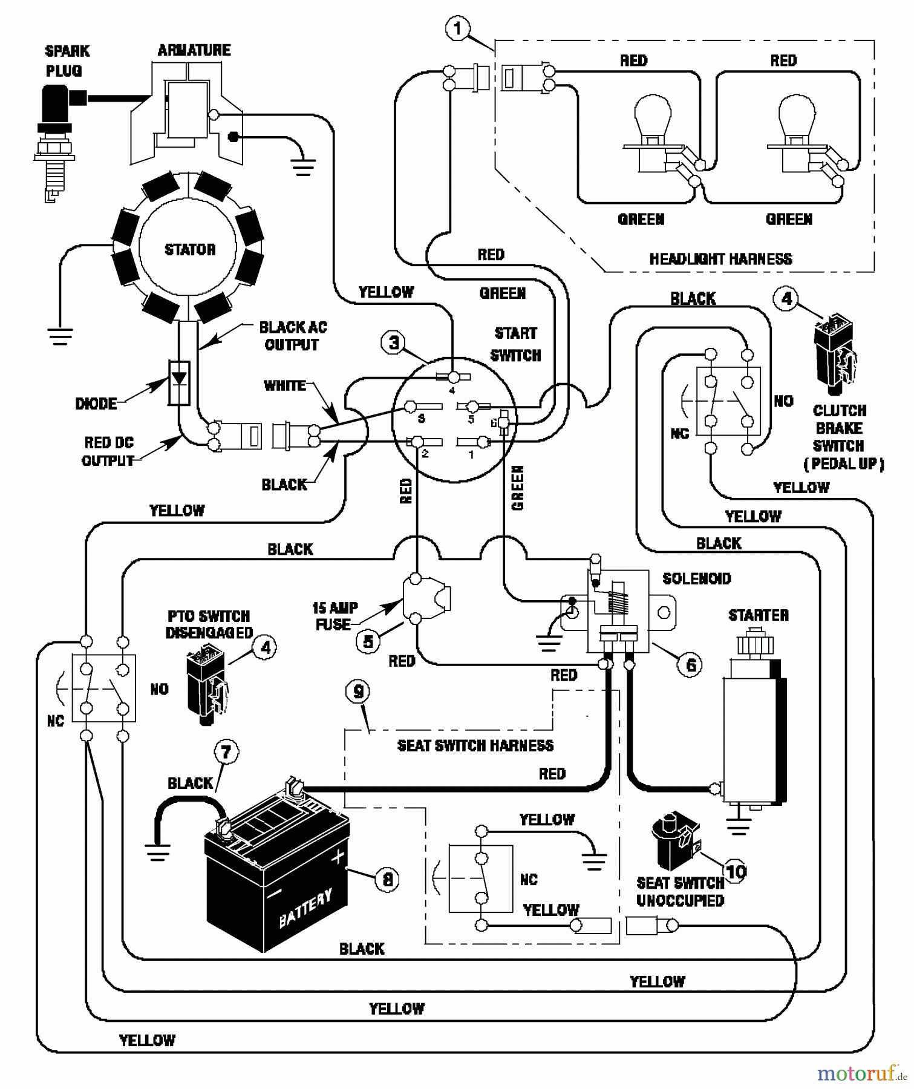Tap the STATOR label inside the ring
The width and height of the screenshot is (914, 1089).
(190, 249)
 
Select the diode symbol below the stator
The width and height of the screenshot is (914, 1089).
(180, 382)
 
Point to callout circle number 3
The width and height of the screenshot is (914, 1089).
(393, 343)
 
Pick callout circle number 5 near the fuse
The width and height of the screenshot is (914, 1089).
(368, 641)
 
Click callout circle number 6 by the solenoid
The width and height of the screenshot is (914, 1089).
(690, 665)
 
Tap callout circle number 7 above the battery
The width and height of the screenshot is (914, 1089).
(226, 752)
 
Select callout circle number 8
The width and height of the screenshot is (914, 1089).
(388, 878)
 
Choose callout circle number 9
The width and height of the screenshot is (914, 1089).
(359, 692)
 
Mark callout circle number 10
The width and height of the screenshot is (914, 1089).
(736, 872)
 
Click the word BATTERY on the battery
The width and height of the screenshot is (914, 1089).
(305, 908)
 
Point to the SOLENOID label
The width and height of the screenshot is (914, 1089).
(696, 579)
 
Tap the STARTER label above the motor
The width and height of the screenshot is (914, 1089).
(758, 615)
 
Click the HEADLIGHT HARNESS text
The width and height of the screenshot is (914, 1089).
(720, 259)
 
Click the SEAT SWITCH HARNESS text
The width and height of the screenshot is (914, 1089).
(475, 745)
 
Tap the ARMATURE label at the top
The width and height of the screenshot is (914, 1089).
(194, 50)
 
